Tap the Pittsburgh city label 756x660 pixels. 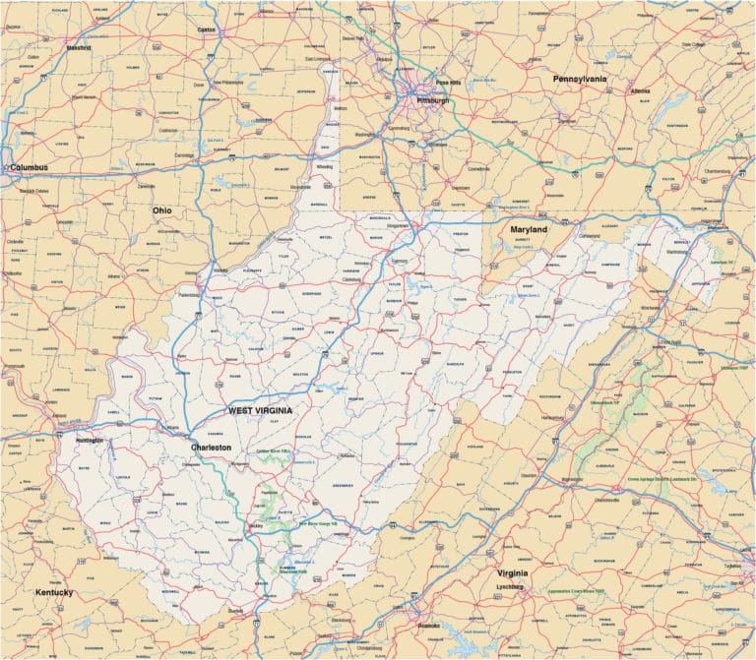click(432, 100)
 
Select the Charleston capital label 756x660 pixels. click(211, 447)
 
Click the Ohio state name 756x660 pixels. click(161, 210)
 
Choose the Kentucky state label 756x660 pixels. click(54, 593)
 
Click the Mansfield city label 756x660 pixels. click(78, 46)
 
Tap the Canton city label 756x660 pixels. click(207, 30)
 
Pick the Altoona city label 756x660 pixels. click(640, 90)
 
